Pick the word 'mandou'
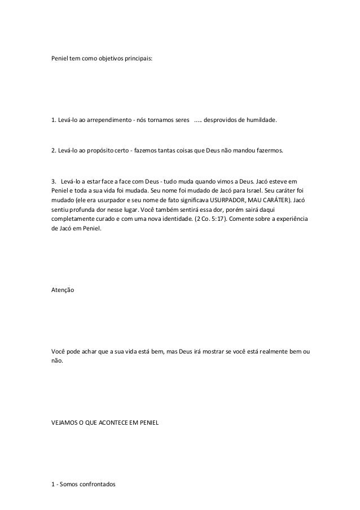[x=251, y=152]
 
